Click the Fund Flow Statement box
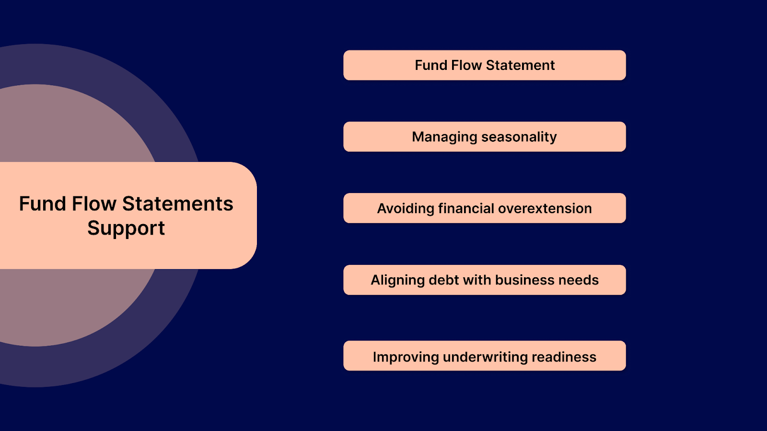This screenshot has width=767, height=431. (484, 65)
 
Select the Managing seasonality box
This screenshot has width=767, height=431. (484, 137)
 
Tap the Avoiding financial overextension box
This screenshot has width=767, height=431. (484, 208)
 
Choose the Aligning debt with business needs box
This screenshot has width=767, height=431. (484, 280)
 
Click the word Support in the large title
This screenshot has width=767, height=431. (126, 228)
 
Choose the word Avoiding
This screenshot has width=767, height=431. (406, 209)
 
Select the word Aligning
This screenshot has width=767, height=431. (398, 281)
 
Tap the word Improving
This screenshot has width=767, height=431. (406, 357)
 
